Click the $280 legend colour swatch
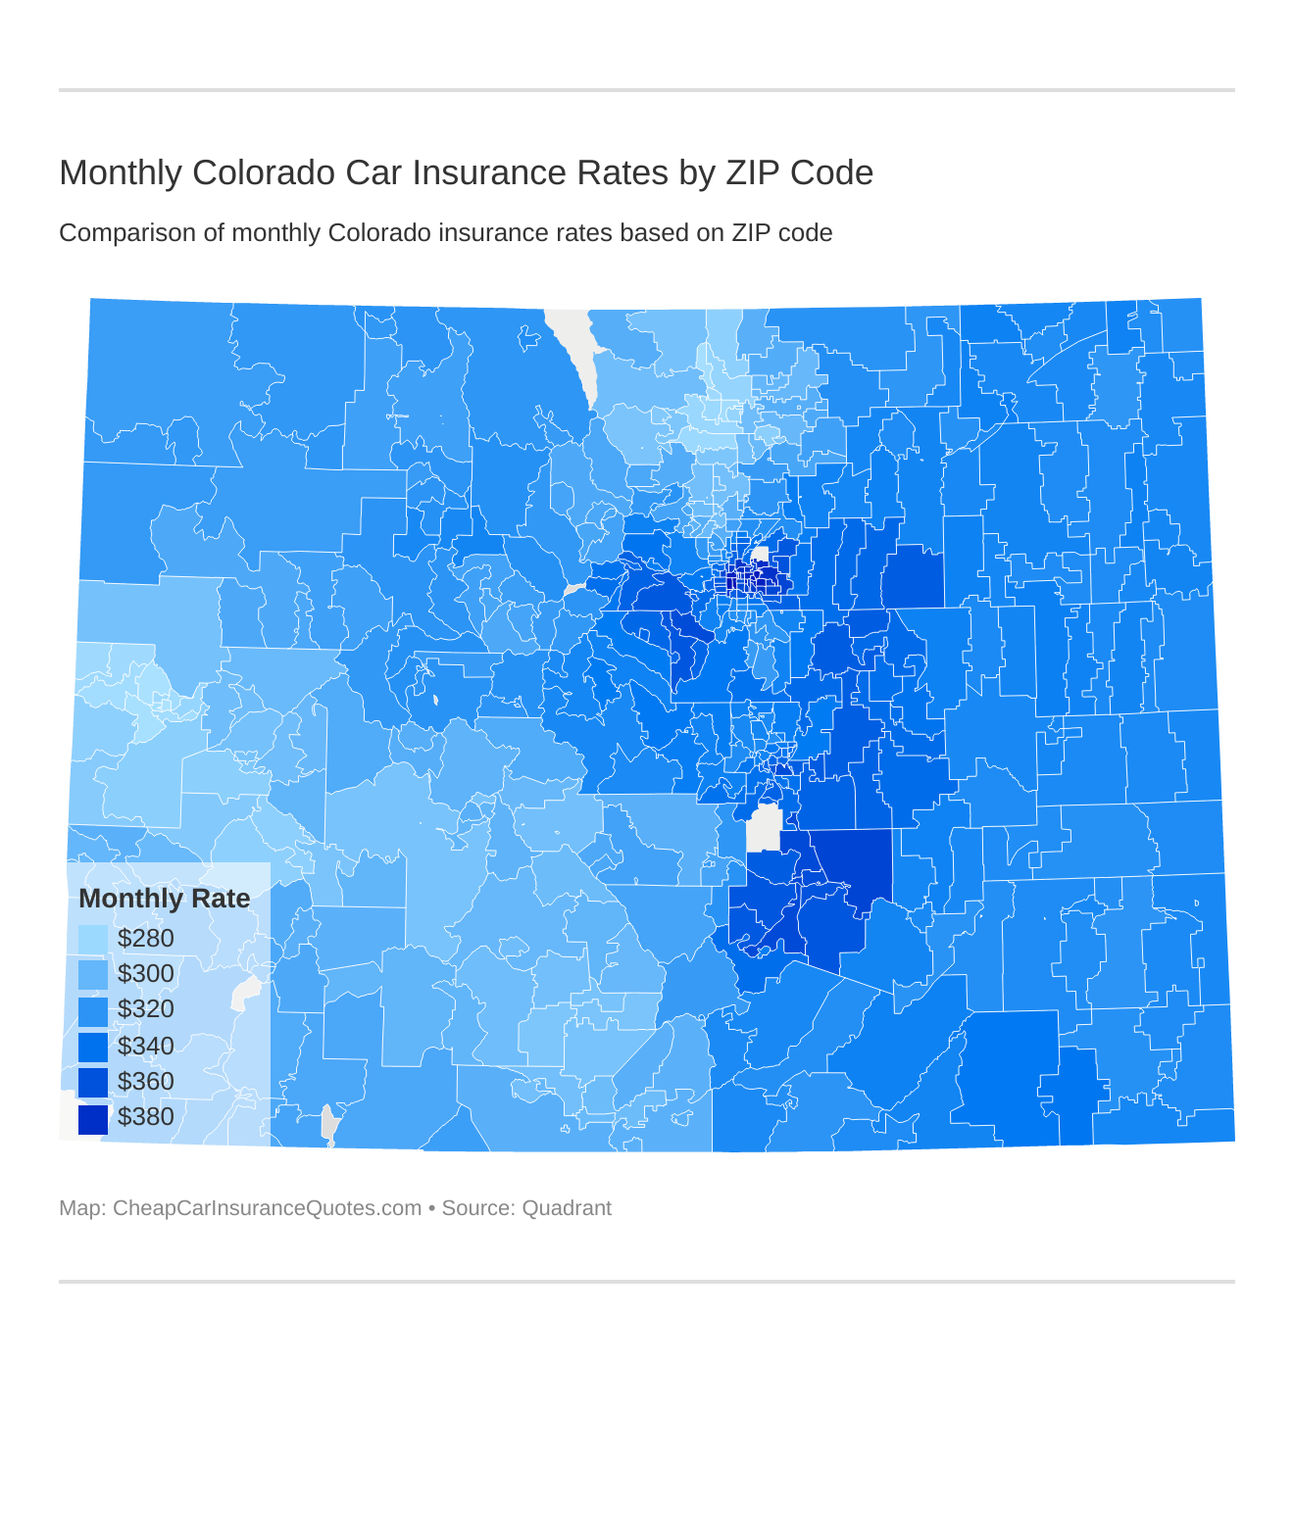pyautogui.click(x=93, y=939)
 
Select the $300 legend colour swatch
pyautogui.click(x=93, y=974)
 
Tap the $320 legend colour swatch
pyautogui.click(x=93, y=1009)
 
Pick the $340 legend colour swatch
pyautogui.click(x=93, y=1046)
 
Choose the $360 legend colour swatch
pyautogui.click(x=93, y=1081)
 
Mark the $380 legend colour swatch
pyautogui.click(x=93, y=1117)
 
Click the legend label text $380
pyautogui.click(x=146, y=1117)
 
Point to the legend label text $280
pyautogui.click(x=146, y=939)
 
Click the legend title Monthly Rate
pyautogui.click(x=165, y=899)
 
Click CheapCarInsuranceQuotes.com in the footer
pyautogui.click(x=267, y=1208)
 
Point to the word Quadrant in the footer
pyautogui.click(x=567, y=1208)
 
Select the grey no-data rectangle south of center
pyautogui.click(x=764, y=829)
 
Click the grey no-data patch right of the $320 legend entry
pyautogui.click(x=244, y=992)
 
